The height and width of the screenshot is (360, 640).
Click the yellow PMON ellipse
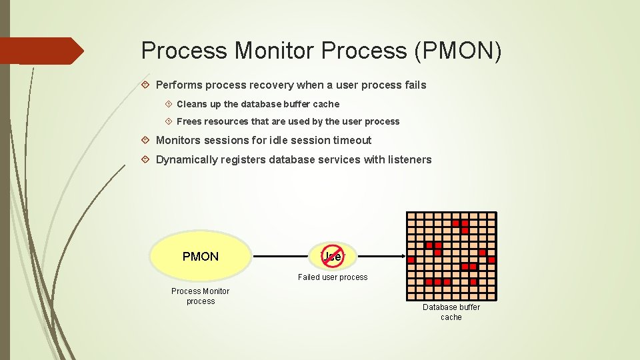click(201, 257)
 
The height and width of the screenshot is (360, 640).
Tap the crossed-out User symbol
click(332, 256)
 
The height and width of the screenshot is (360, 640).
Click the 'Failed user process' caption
click(333, 277)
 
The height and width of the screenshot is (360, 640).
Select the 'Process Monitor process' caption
click(200, 296)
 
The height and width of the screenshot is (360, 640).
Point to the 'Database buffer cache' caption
click(451, 312)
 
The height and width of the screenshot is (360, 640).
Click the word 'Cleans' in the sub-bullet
click(192, 104)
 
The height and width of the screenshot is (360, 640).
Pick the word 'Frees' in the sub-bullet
click(189, 121)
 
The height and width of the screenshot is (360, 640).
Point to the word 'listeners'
click(409, 159)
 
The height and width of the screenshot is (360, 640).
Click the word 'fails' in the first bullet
click(414, 85)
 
